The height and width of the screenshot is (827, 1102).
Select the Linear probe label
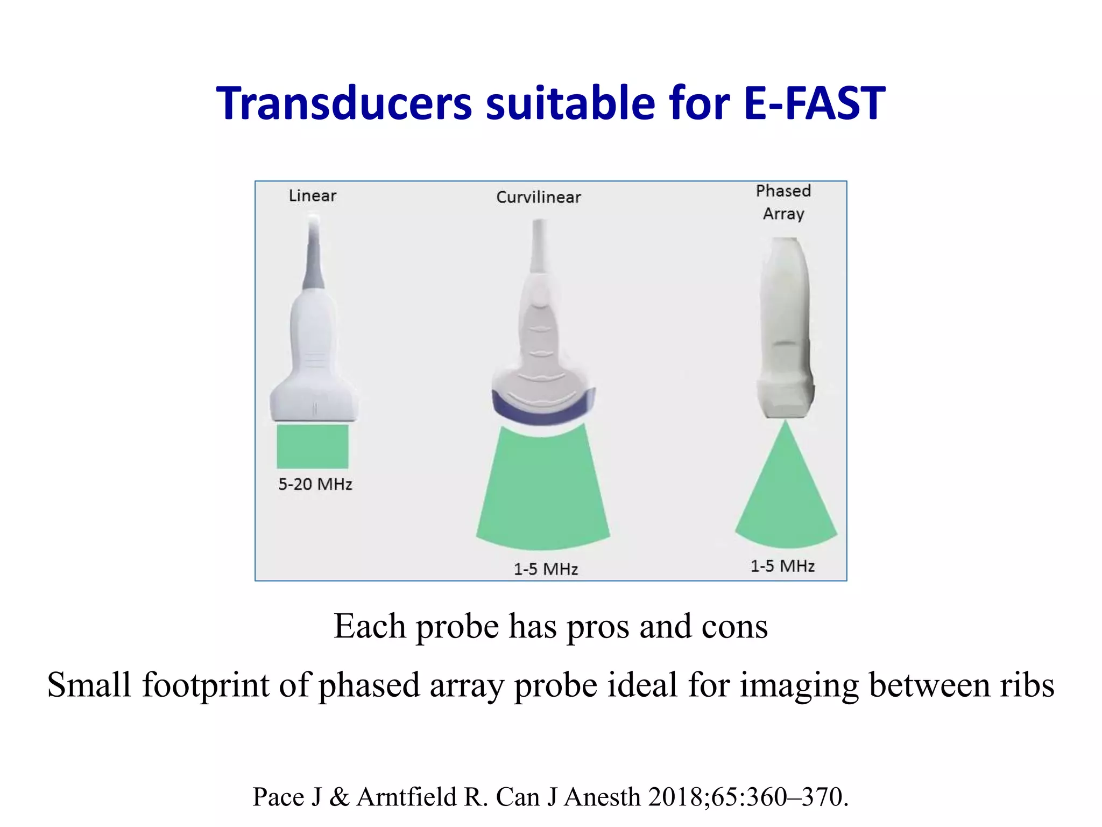[x=312, y=195]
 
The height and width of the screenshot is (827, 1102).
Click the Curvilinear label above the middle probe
[x=539, y=197]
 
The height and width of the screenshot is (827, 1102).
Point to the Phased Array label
[x=783, y=202]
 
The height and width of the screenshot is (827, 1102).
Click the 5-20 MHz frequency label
[x=315, y=484]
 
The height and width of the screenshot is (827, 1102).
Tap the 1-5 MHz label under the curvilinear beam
[x=546, y=569]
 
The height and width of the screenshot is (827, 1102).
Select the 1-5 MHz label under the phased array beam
[x=782, y=566]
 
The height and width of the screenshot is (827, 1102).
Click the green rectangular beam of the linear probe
[x=313, y=446]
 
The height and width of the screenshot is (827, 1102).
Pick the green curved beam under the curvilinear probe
[x=543, y=490]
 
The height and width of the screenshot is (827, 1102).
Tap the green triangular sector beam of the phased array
[x=786, y=495]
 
